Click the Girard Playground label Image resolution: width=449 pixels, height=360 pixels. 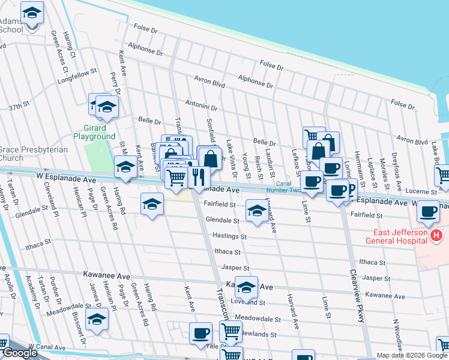[94, 132]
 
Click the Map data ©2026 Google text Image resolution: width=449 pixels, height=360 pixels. [411, 355]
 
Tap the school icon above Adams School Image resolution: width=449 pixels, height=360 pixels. [32, 11]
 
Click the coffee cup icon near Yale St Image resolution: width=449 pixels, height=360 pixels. [200, 332]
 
